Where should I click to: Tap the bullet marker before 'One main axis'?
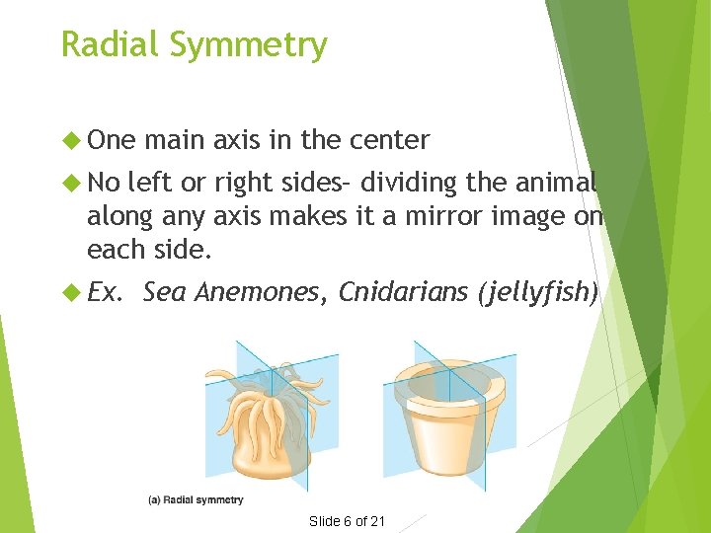[x=70, y=140]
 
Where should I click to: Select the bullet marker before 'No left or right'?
[x=70, y=183]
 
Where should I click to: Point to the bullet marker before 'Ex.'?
[x=70, y=292]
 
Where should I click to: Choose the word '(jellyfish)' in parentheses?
[x=537, y=292]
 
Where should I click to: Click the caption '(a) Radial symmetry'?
[x=196, y=500]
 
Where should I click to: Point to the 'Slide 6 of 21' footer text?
[x=347, y=520]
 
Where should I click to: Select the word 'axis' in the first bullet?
[x=237, y=140]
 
